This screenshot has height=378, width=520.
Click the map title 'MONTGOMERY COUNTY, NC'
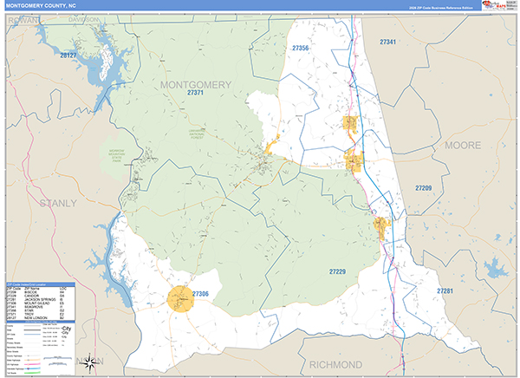41,4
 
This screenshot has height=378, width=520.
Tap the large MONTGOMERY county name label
195,84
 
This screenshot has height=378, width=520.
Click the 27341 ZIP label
387,42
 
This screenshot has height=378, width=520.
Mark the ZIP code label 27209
423,188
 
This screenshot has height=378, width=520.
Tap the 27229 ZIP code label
337,271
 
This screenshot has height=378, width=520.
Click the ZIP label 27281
445,290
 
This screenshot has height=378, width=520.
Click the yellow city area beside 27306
183,300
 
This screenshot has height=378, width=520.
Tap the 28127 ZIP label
68,55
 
